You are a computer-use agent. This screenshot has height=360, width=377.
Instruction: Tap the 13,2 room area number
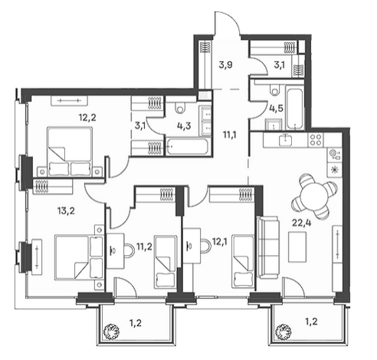click(66, 211)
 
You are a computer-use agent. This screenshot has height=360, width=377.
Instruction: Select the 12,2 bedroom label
click(87, 118)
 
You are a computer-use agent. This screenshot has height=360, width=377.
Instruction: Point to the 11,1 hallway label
click(230, 134)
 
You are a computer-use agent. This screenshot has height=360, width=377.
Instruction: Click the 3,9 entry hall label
click(225, 65)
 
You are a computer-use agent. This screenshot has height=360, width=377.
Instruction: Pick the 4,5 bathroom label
click(276, 108)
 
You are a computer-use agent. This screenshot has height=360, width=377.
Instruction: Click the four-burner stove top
click(316, 139)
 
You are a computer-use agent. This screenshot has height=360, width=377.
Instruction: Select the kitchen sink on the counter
click(286, 139)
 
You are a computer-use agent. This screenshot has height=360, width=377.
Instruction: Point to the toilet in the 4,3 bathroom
click(181, 107)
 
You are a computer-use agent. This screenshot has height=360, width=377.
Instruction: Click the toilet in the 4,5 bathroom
click(274, 90)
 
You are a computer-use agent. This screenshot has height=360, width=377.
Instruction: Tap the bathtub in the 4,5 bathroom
click(295, 109)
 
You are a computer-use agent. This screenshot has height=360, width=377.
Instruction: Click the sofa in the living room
click(268, 247)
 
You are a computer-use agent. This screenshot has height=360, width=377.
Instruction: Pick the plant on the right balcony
click(283, 332)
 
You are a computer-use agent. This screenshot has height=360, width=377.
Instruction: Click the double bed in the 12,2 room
click(70, 152)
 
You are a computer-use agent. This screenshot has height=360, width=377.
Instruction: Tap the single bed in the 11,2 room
click(166, 262)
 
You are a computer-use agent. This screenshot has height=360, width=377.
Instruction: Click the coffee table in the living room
click(297, 247)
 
